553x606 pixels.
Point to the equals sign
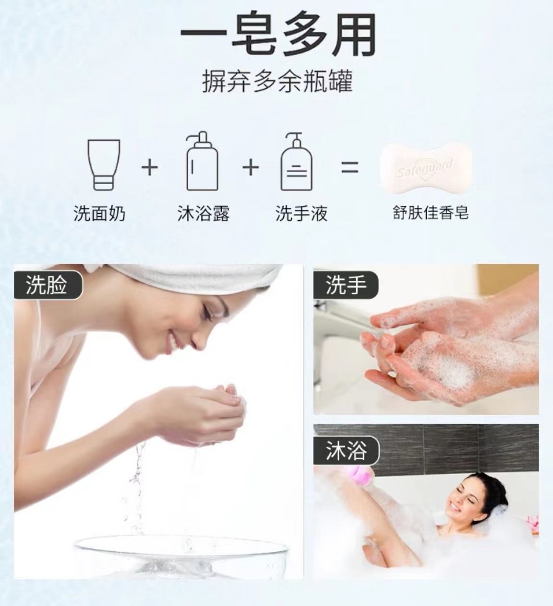click(x=349, y=167)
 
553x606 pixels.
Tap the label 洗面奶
click(x=99, y=213)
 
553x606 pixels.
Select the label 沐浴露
click(x=203, y=213)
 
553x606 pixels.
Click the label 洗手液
click(x=301, y=213)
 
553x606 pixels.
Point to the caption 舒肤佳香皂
click(x=430, y=212)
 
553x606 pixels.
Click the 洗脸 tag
click(x=47, y=286)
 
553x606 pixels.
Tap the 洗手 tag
click(x=346, y=286)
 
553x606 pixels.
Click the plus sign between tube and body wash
click(x=150, y=167)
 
